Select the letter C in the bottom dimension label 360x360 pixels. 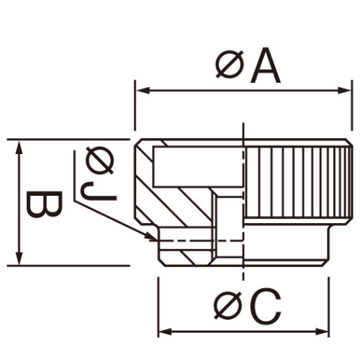click(x=265, y=308)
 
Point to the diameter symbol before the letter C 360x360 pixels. click(x=228, y=308)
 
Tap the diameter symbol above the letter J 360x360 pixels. click(x=99, y=160)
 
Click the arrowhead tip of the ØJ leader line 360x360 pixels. click(x=155, y=237)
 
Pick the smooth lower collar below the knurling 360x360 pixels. click(x=288, y=248)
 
